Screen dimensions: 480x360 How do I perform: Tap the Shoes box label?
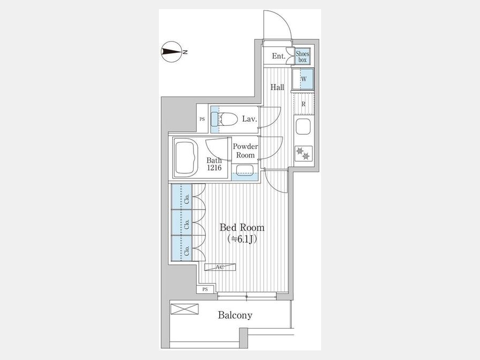(302, 57)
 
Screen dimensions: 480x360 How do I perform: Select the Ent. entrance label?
(278, 57)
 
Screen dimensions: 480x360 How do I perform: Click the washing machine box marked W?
(303, 79)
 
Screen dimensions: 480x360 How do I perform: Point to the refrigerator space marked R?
(303, 104)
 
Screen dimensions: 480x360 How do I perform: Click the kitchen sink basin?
(303, 127)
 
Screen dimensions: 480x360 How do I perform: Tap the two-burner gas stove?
(303, 154)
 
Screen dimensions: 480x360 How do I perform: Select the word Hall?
(277, 87)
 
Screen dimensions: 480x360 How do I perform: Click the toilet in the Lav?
(225, 119)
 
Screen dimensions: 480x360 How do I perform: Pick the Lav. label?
(249, 119)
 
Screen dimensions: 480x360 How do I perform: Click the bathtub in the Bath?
(186, 158)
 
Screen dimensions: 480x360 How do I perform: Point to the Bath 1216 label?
(214, 164)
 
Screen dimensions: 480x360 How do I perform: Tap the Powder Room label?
(245, 150)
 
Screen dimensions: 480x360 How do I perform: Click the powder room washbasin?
(245, 170)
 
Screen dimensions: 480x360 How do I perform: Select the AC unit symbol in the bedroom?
(220, 267)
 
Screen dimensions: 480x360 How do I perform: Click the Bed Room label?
(242, 227)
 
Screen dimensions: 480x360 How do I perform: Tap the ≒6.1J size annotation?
(242, 239)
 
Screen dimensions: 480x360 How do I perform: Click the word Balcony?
(235, 315)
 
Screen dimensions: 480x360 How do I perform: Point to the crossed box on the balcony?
(185, 309)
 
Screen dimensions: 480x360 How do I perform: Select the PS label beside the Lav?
(202, 119)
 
